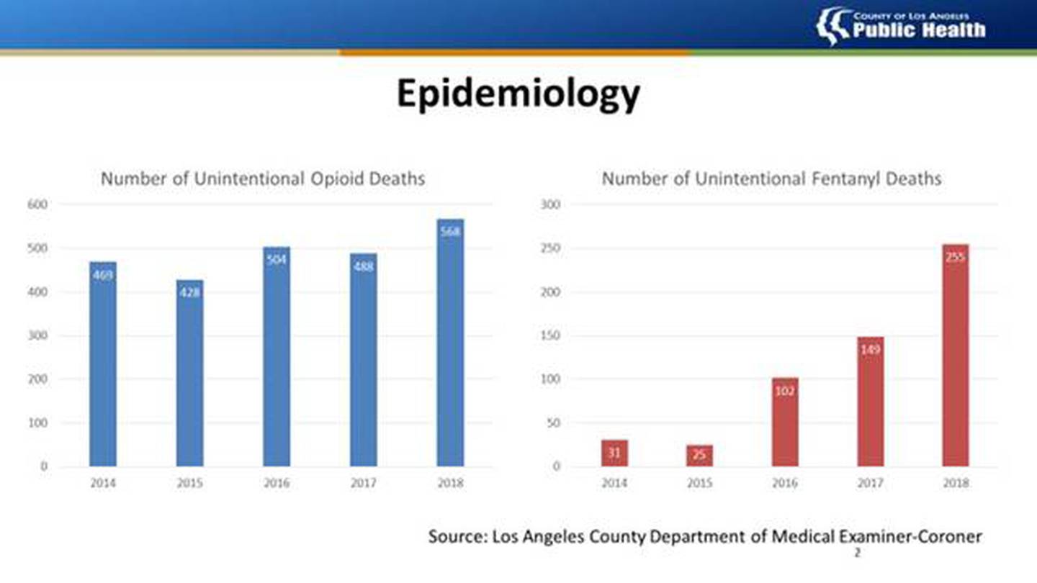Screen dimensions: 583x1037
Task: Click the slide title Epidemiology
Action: [x=518, y=94]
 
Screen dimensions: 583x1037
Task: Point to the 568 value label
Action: [x=450, y=232]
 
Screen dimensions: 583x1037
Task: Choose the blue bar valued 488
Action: [x=363, y=360]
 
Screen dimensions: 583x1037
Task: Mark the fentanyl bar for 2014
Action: [x=614, y=453]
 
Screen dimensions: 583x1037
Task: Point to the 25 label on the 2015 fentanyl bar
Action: [x=699, y=455]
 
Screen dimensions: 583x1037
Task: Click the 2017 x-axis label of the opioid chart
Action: [x=363, y=483]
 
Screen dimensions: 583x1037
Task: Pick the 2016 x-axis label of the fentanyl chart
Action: [x=784, y=483]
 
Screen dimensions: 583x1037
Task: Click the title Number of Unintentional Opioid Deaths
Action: [x=262, y=178]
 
